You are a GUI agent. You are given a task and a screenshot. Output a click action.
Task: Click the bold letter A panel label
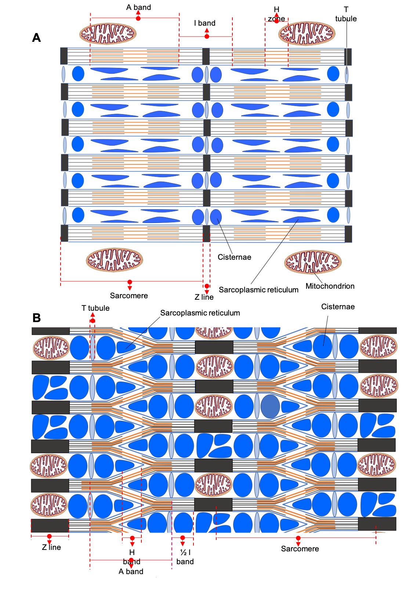(36, 38)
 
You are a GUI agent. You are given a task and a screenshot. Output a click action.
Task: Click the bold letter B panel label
(36, 318)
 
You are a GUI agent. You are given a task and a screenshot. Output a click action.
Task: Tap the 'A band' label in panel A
(138, 7)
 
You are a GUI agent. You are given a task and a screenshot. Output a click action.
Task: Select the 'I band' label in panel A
(204, 23)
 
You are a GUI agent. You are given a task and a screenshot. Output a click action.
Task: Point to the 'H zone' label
(276, 14)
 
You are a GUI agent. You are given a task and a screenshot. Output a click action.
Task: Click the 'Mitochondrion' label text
(330, 286)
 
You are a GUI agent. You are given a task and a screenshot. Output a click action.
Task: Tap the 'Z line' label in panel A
(204, 297)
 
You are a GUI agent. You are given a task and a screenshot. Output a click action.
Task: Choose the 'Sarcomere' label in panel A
(129, 296)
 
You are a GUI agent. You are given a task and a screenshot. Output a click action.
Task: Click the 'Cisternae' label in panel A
(234, 257)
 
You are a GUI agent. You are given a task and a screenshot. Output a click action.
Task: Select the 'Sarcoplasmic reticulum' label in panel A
(258, 290)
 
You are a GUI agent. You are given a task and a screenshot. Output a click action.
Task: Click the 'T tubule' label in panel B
(95, 308)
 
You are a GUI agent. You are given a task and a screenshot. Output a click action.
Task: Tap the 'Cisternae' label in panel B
(338, 307)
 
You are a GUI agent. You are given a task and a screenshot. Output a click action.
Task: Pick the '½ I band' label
(185, 557)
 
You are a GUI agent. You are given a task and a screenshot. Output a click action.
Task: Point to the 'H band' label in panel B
(132, 557)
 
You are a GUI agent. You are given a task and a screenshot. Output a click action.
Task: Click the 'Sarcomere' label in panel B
(300, 549)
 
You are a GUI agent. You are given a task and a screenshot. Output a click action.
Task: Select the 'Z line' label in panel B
(51, 547)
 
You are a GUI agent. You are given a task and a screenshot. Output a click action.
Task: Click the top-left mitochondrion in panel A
(108, 34)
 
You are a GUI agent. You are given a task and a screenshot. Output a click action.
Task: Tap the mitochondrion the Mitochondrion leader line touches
(312, 262)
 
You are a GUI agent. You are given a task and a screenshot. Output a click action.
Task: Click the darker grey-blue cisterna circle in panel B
(270, 406)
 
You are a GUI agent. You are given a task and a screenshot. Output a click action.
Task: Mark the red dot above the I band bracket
(207, 36)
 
